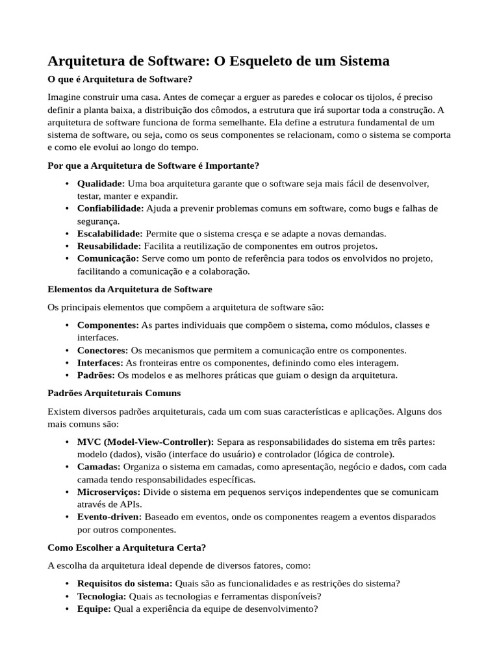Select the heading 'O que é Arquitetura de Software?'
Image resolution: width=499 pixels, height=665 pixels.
[x=120, y=79]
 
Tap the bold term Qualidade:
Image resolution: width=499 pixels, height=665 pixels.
[x=101, y=184]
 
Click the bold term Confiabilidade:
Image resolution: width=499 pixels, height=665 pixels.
[x=110, y=208]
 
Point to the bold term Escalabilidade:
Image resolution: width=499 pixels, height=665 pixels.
[x=110, y=234]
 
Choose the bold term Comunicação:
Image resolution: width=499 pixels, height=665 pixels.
[x=108, y=258]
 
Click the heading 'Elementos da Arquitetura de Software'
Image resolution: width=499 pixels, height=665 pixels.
[x=130, y=289]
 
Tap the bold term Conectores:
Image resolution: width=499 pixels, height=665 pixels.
[x=103, y=350]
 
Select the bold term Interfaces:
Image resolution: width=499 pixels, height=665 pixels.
[x=100, y=362]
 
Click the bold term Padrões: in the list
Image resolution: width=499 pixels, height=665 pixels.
[x=96, y=375]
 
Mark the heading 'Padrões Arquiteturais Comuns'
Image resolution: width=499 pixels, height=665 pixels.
[x=114, y=393]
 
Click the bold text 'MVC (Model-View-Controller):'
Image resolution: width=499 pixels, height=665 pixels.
[x=146, y=442]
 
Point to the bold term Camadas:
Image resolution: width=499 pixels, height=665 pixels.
[x=99, y=467]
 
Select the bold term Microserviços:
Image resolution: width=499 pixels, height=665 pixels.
[x=109, y=492]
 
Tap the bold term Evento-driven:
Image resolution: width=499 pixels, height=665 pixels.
[x=109, y=517]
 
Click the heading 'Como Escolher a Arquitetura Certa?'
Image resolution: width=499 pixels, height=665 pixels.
[x=127, y=547]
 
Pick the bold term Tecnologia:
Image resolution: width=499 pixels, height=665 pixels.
[x=102, y=596]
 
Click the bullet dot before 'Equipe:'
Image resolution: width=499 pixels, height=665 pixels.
[x=68, y=609]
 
